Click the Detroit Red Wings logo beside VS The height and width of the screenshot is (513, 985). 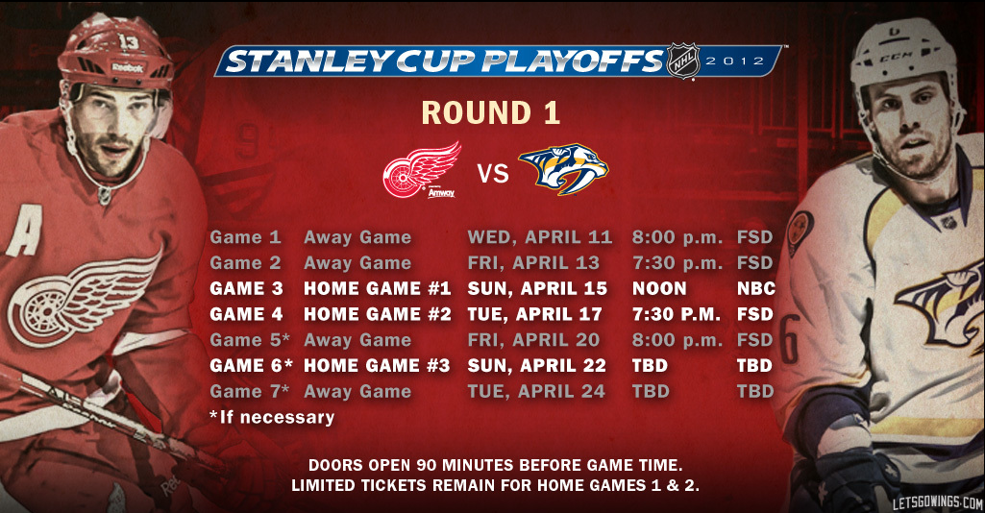(422, 169)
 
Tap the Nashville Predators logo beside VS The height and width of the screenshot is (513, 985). (563, 168)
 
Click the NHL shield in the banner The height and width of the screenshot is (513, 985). (683, 61)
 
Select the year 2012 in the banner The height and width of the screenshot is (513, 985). (734, 61)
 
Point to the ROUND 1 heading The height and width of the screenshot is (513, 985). (490, 113)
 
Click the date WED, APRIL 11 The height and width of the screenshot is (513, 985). (540, 237)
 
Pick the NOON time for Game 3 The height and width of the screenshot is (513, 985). (659, 289)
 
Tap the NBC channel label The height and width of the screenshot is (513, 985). (755, 289)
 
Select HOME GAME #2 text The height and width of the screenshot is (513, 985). (378, 314)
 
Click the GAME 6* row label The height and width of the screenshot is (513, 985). (251, 365)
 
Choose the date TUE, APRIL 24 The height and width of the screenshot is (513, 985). (536, 392)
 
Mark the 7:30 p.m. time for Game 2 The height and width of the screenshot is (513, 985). (677, 263)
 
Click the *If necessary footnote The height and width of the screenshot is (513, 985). (272, 418)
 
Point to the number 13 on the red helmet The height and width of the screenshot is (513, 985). (128, 42)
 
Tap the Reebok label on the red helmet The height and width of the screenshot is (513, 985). (128, 67)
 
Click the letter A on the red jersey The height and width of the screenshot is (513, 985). (24, 232)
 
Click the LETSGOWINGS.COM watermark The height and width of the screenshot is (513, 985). (937, 502)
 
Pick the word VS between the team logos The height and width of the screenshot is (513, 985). (492, 173)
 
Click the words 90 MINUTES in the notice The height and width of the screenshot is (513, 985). (467, 466)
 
